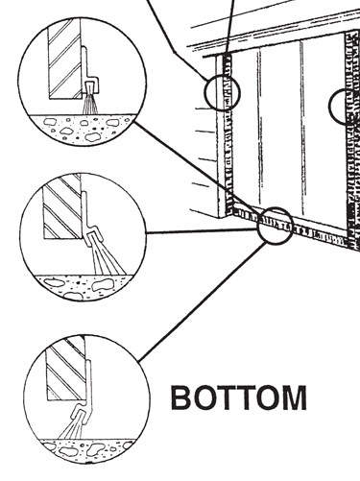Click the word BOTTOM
[239, 397]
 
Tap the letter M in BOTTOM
[295, 397]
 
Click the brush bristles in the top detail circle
[90, 103]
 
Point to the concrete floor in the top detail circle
[82, 128]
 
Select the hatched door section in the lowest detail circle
[65, 368]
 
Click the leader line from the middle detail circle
[202, 230]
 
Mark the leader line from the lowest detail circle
[203, 301]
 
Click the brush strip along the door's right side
[353, 137]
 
